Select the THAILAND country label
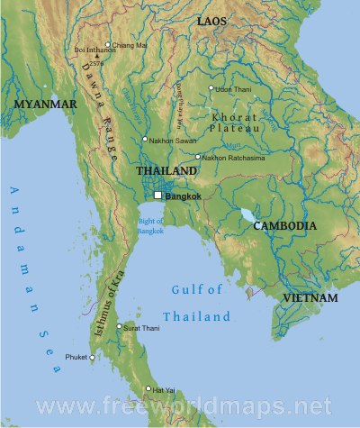[166, 171]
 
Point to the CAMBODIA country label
[284, 226]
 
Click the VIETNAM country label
[309, 297]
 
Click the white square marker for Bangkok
[157, 196]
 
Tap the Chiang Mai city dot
[108, 44]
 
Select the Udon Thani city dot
[211, 88]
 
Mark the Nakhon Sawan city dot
[144, 139]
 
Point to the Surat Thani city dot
[119, 327]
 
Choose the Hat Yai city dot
[148, 389]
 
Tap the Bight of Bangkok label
[151, 225]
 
